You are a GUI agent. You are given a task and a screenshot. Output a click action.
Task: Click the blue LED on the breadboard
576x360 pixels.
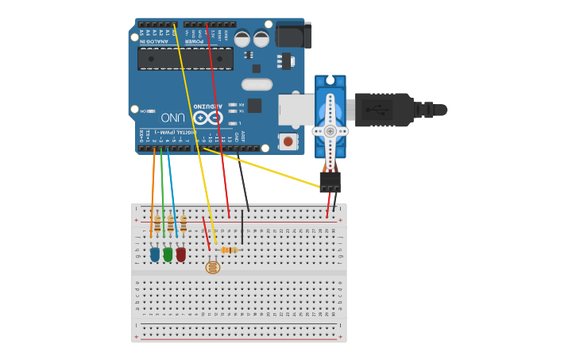155,255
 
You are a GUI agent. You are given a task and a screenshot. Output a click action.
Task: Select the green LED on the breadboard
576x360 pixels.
168,255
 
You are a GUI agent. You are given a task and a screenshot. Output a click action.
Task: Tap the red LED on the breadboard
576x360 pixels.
181,255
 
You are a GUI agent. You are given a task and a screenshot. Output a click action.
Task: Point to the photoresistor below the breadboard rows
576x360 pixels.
212,267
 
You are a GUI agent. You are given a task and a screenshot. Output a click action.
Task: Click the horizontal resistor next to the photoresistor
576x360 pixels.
230,250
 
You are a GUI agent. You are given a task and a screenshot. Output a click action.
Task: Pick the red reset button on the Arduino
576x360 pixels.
288,141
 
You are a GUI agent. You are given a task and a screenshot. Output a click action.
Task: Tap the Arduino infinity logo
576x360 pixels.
207,118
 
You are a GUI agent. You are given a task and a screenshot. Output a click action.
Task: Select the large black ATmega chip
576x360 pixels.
185,59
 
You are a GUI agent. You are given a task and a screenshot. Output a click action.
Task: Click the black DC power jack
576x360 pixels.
294,36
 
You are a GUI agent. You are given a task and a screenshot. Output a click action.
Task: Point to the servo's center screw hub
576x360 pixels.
330,131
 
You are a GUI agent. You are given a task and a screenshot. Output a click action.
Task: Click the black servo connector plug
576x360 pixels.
330,182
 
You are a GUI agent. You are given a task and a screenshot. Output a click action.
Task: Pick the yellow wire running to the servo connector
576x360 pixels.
262,168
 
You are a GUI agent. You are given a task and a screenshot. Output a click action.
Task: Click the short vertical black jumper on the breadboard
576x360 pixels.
242,226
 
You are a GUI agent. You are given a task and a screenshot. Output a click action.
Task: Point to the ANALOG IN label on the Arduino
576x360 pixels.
151,41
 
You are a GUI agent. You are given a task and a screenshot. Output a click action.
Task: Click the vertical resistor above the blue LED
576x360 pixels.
157,224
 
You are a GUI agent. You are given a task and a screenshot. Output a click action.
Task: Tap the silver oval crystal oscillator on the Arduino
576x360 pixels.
257,84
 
